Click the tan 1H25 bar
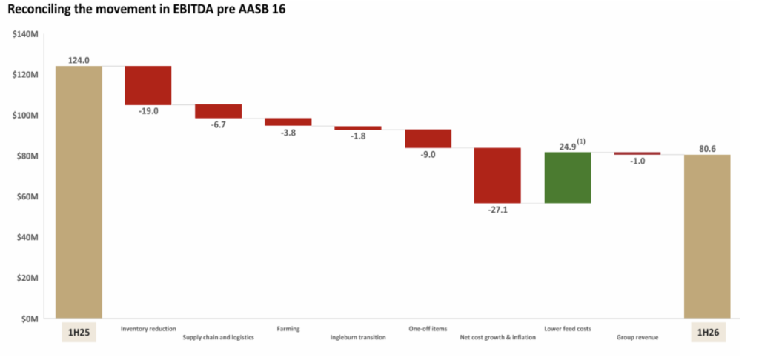(79, 193)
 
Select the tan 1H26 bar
(707, 237)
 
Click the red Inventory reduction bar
(148, 85)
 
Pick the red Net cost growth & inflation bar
(497, 176)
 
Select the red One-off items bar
(428, 139)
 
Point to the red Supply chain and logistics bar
(218, 111)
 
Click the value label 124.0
(79, 60)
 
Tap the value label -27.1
(497, 210)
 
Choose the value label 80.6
(707, 148)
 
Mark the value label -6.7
(218, 124)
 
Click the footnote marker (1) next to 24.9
(581, 140)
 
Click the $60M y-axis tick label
(27, 197)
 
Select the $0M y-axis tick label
(30, 319)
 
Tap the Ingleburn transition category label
(358, 338)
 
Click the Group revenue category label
(637, 338)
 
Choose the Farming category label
(288, 328)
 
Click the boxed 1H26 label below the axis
(707, 333)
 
